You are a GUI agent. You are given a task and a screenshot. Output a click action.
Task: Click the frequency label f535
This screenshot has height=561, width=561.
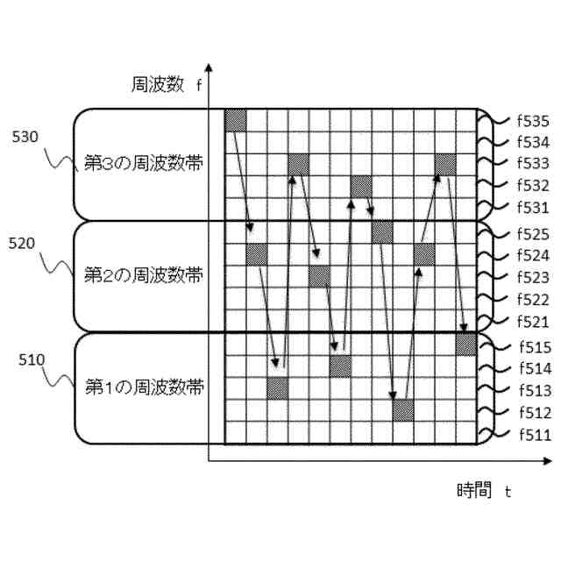click(x=532, y=121)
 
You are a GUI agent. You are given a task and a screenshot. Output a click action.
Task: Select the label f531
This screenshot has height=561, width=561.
click(x=532, y=207)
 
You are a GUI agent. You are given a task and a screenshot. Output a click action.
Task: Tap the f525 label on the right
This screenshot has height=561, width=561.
click(x=532, y=235)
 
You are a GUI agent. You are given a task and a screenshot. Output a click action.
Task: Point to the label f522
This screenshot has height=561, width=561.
click(x=532, y=300)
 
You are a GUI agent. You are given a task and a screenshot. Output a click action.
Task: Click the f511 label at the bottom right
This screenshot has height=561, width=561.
click(x=532, y=434)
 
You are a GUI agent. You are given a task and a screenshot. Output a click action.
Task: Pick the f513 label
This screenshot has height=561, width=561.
click(x=532, y=391)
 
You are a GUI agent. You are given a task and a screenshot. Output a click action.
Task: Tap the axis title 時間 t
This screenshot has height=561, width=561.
click(x=483, y=490)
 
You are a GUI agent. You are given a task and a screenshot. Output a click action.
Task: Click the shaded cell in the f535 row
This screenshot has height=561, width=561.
click(x=236, y=121)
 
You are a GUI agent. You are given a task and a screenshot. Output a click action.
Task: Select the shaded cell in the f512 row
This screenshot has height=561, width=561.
click(x=403, y=410)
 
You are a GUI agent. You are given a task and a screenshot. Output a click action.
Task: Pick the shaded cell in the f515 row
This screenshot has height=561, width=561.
click(x=465, y=344)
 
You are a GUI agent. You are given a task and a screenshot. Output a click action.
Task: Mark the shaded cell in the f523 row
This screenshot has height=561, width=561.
click(x=320, y=276)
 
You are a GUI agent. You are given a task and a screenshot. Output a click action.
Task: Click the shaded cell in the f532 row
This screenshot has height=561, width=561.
click(x=362, y=186)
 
